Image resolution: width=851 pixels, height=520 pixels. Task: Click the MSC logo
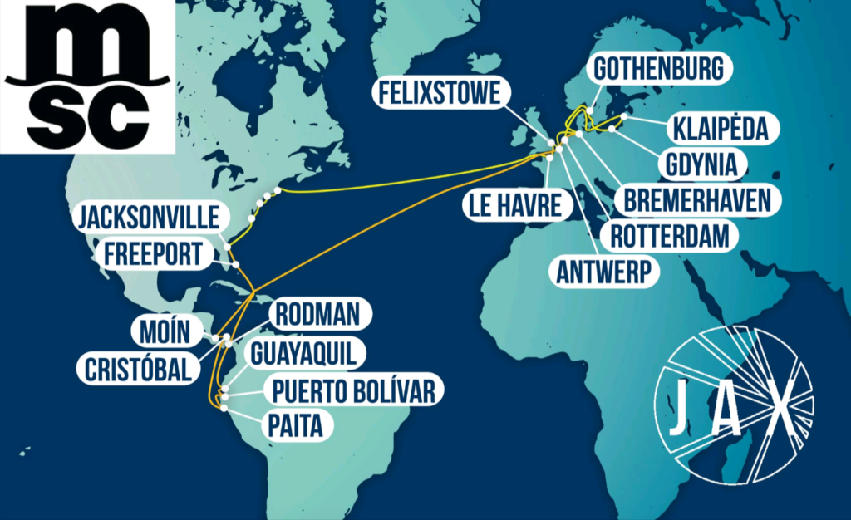tap(87, 76)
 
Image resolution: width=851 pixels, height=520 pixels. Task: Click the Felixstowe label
tap(440, 93)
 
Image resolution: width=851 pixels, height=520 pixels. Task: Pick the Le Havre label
tap(514, 204)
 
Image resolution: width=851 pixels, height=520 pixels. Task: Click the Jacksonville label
tap(149, 218)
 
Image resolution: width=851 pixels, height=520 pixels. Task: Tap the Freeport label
tap(153, 253)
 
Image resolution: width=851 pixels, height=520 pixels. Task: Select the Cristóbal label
tap(138, 369)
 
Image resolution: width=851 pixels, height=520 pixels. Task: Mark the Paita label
tap(297, 426)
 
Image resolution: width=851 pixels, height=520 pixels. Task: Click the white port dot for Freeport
tap(236, 264)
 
